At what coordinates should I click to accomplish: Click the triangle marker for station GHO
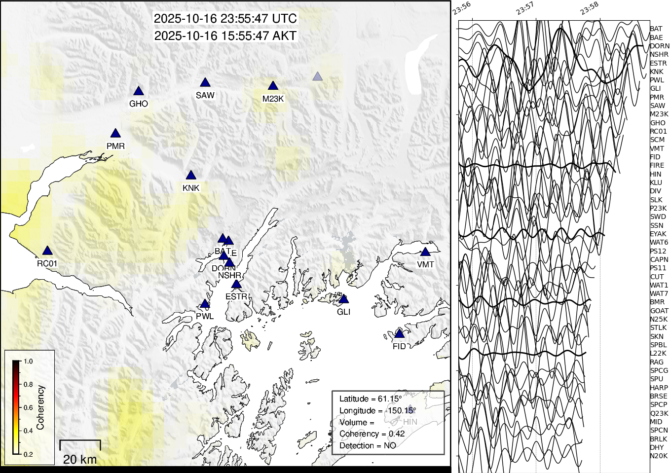[139, 91]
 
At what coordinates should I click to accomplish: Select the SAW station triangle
[205, 83]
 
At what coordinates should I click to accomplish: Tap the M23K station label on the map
[273, 99]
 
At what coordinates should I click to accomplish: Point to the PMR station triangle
[115, 134]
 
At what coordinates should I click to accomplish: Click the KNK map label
[191, 188]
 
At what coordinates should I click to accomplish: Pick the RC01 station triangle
[47, 251]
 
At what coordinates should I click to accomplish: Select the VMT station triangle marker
[425, 252]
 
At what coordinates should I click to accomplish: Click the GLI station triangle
[344, 299]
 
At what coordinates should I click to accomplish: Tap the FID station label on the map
[399, 346]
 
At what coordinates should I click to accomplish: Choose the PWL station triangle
[205, 304]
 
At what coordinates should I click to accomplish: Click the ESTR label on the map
[236, 296]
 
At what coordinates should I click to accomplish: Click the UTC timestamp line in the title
[225, 19]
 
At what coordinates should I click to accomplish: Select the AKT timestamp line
[225, 36]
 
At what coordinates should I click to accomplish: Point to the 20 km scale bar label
[80, 459]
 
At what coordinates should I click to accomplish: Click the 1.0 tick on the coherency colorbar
[28, 362]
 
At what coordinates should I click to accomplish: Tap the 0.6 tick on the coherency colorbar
[28, 408]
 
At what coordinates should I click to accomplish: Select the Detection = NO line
[368, 445]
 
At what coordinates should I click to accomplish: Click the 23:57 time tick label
[525, 8]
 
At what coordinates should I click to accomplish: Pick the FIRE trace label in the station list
[657, 165]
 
